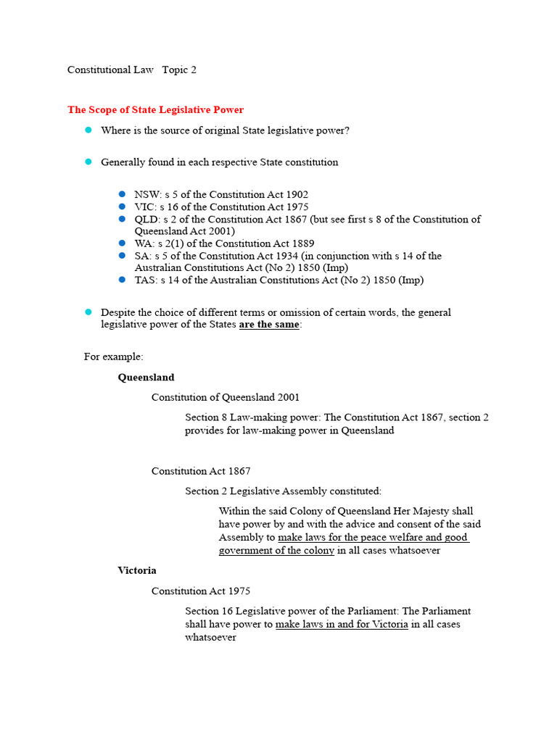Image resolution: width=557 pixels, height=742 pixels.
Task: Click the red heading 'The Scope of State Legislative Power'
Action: click(155, 110)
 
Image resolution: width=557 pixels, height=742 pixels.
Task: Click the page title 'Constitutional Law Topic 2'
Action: click(131, 70)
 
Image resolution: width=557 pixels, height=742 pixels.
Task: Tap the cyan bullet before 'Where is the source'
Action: click(88, 130)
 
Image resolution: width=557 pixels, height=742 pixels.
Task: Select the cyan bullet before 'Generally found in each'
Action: click(88, 162)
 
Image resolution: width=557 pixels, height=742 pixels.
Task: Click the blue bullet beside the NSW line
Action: click(122, 195)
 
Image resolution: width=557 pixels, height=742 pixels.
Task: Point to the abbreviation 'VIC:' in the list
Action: click(146, 207)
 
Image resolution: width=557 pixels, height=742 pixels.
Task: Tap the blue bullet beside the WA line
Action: click(122, 243)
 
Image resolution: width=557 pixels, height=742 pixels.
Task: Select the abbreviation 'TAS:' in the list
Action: click(147, 280)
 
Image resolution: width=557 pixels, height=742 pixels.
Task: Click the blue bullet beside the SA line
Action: click(122, 256)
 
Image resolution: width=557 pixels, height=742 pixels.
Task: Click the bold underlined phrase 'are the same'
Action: click(268, 325)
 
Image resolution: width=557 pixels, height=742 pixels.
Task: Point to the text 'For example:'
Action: click(114, 357)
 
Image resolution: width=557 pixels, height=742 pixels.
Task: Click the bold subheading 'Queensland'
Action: click(146, 378)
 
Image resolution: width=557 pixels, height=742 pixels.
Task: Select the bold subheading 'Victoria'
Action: click(137, 571)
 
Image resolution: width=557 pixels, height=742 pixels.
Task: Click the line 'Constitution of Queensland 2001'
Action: click(225, 397)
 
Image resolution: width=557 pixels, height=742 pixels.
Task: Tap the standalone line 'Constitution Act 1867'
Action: click(201, 472)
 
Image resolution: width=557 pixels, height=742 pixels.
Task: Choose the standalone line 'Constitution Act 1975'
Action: click(201, 591)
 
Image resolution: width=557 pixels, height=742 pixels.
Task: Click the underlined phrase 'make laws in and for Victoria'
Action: click(342, 625)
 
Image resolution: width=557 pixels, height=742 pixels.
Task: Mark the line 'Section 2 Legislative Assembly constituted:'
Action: click(283, 491)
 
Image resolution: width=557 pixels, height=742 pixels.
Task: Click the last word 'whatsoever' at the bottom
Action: click(210, 638)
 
